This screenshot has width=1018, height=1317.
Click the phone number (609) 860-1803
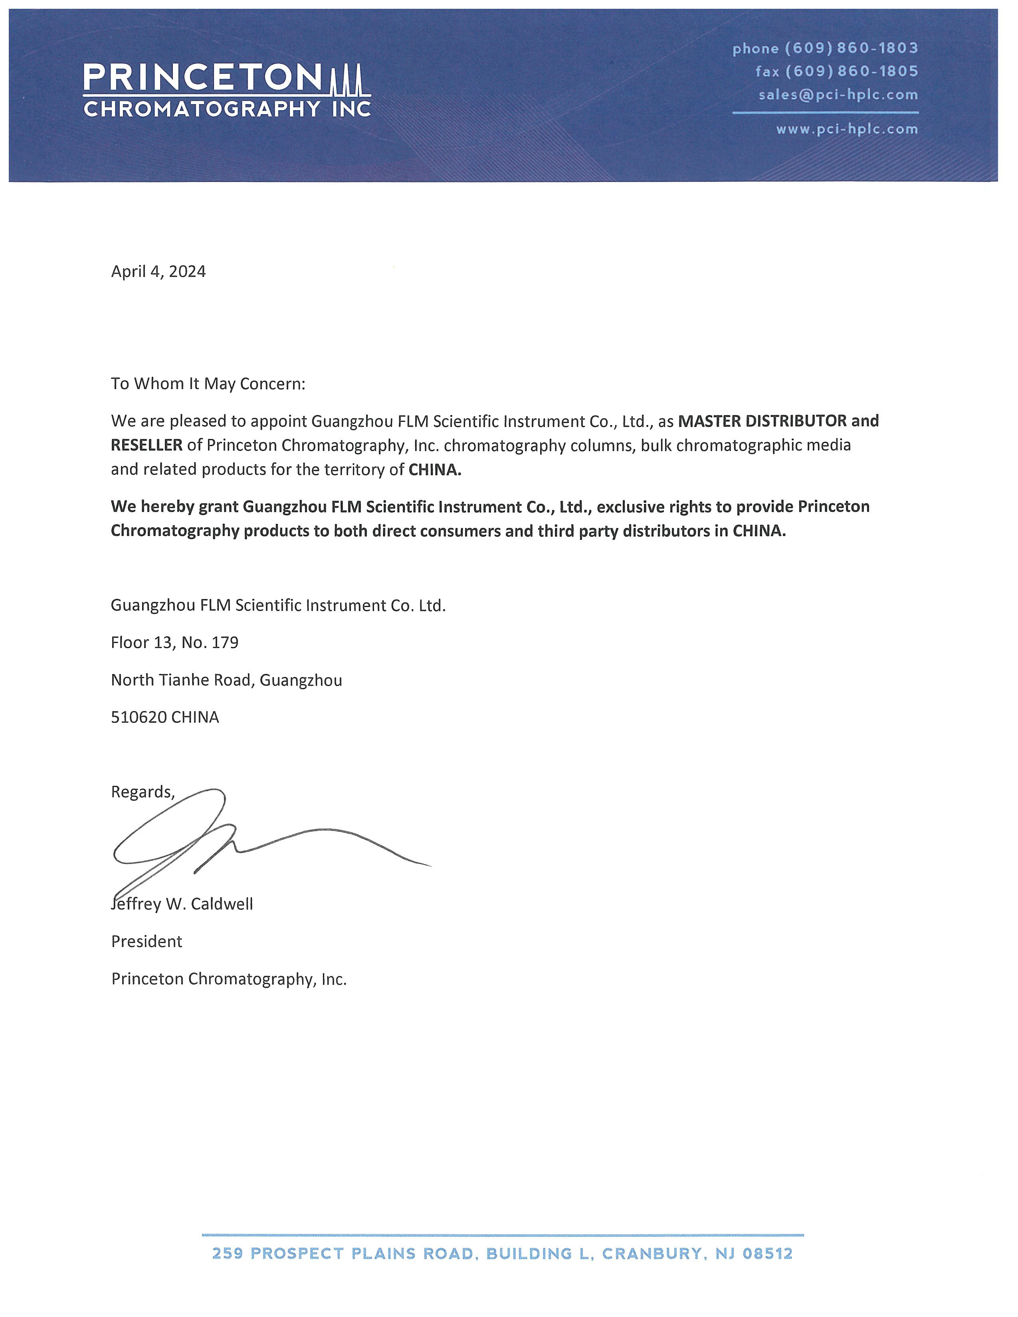tap(851, 48)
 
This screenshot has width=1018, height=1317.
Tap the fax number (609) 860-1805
tap(851, 71)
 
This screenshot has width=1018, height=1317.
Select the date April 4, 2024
tap(158, 271)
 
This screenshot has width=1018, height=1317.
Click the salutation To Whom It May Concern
tap(208, 384)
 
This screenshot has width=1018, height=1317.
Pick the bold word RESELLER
tap(147, 445)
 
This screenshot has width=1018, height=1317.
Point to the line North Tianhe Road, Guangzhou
tap(226, 680)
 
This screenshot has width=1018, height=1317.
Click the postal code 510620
tap(139, 717)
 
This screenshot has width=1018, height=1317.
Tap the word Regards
tap(142, 792)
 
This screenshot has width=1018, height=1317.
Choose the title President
tap(147, 941)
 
